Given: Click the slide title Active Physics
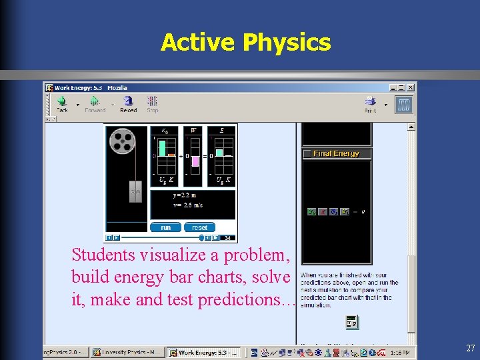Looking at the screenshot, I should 245,43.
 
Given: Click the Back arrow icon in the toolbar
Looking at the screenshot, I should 62,101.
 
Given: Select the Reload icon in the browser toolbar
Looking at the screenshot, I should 128,101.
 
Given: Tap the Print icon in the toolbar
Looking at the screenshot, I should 370,102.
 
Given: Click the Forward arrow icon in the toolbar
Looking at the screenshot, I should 95,101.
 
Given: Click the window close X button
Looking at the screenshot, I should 411,87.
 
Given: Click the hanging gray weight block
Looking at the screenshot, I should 135,191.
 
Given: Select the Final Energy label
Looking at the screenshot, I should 336,153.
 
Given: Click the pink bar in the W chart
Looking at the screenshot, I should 195,161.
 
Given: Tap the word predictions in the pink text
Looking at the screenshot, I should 244,300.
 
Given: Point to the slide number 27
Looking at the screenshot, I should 471,348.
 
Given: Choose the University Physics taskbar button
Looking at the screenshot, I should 127,352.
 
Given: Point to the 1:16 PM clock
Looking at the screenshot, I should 400,352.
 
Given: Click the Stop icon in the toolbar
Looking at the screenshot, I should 153,102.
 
